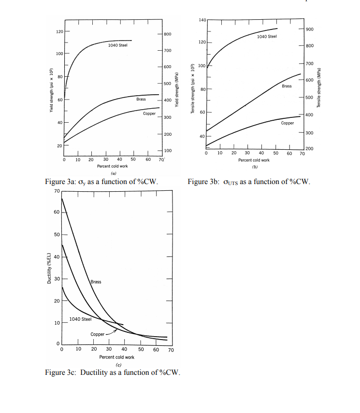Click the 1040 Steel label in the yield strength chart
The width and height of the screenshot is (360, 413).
tap(118, 45)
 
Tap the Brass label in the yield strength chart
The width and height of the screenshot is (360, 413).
tap(141, 99)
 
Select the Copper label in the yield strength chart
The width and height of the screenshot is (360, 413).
tap(149, 114)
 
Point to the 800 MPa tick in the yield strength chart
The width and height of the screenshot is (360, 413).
tap(167, 34)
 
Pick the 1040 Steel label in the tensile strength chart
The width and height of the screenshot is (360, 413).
tap(267, 37)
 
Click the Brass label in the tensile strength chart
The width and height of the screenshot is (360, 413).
tap(287, 86)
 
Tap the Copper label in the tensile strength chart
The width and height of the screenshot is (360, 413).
tap(288, 123)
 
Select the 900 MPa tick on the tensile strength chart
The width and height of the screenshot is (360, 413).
tap(309, 29)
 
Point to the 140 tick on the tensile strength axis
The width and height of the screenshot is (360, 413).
tap(202, 20)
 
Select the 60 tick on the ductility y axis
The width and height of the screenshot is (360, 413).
tap(57, 213)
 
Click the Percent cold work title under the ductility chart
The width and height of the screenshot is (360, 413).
tap(116, 357)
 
